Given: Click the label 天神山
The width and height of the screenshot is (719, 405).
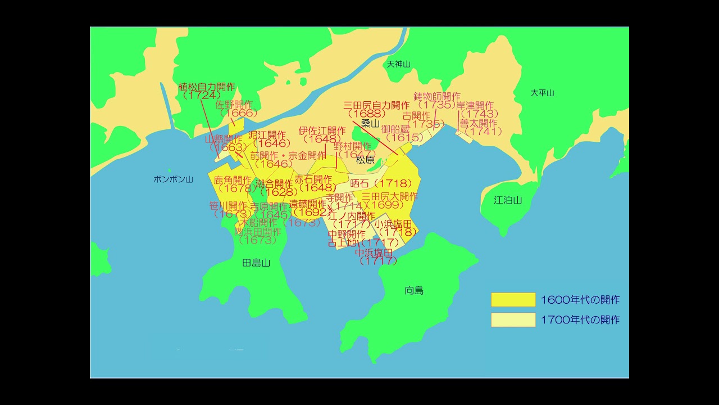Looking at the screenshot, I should click(399, 64).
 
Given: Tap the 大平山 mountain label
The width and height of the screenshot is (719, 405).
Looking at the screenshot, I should click(542, 93).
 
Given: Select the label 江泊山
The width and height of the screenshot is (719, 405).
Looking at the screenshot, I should click(508, 200).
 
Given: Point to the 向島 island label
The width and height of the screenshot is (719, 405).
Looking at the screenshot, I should click(414, 290).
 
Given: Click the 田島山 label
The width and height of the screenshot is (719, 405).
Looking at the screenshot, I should click(256, 263).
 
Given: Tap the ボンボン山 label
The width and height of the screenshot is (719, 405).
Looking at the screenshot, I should click(173, 179).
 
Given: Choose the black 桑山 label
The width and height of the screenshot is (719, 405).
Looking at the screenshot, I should click(371, 124).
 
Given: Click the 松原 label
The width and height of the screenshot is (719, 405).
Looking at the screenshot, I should click(365, 160).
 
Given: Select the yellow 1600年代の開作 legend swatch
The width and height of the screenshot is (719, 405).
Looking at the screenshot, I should click(513, 300).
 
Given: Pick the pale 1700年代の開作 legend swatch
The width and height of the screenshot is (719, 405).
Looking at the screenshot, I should click(513, 319).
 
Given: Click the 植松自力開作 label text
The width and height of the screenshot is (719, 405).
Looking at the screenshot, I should click(206, 87).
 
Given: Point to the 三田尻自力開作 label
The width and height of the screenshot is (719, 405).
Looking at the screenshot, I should click(376, 105).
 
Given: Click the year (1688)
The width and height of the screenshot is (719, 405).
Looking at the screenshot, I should click(370, 114).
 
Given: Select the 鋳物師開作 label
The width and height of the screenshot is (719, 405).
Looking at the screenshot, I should click(437, 96).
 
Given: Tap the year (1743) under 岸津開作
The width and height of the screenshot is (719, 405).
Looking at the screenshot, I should click(479, 114).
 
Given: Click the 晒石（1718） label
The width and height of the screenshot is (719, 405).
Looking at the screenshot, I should click(385, 183).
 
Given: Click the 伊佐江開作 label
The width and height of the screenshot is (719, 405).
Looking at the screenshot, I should click(322, 130).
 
